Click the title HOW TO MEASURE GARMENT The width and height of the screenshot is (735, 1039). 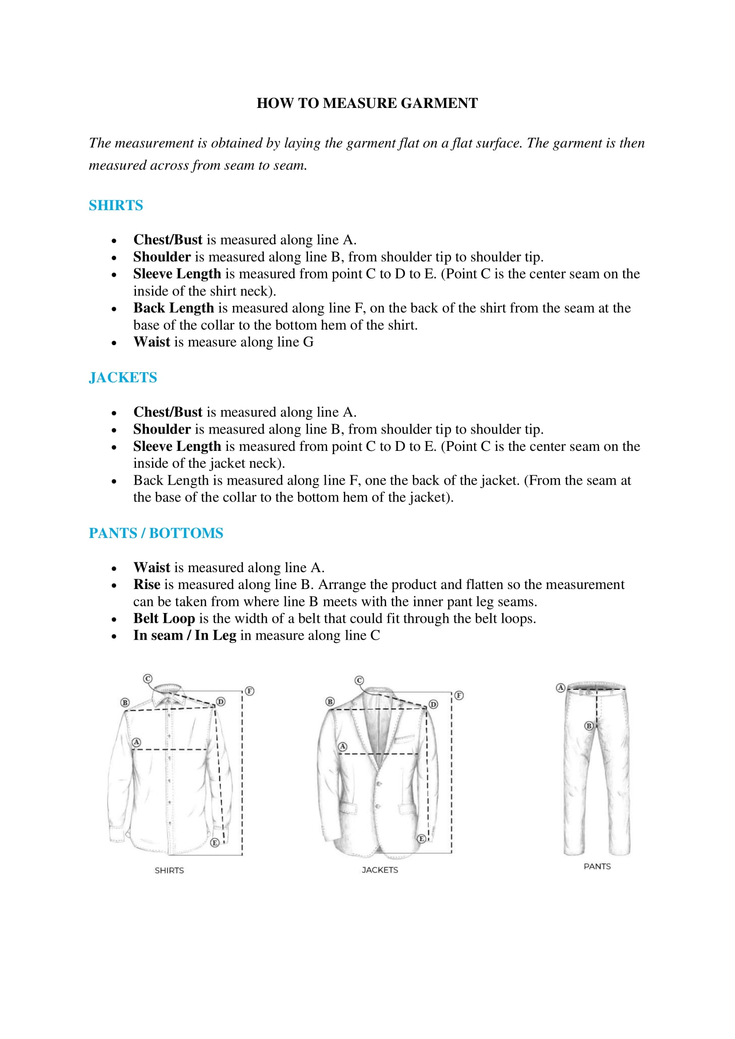coord(367,103)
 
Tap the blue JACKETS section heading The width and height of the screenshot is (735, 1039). coord(123,378)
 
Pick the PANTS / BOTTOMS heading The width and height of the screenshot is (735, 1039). coord(156,533)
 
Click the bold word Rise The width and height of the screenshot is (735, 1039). coord(147,584)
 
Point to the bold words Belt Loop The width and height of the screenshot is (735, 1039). coord(164,618)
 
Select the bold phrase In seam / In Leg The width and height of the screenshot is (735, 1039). coord(185,635)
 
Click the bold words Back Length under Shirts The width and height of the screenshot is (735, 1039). coord(173,308)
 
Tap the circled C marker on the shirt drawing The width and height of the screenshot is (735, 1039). coord(148,679)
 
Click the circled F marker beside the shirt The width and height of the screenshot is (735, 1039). coord(250,691)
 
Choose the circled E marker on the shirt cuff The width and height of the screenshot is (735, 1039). coord(215,843)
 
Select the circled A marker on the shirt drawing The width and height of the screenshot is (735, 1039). coord(136,742)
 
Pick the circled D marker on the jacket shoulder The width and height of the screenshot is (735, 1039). coord(434,704)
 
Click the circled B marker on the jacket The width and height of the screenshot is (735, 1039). coord(330,702)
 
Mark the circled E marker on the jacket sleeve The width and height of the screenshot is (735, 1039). coord(421,839)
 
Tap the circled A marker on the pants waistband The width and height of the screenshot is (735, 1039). coord(561,688)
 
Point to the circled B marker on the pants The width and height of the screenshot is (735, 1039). coord(589,726)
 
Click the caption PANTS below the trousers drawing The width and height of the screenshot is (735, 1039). coord(597,866)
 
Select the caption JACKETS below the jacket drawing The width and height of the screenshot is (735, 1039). coord(379,870)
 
